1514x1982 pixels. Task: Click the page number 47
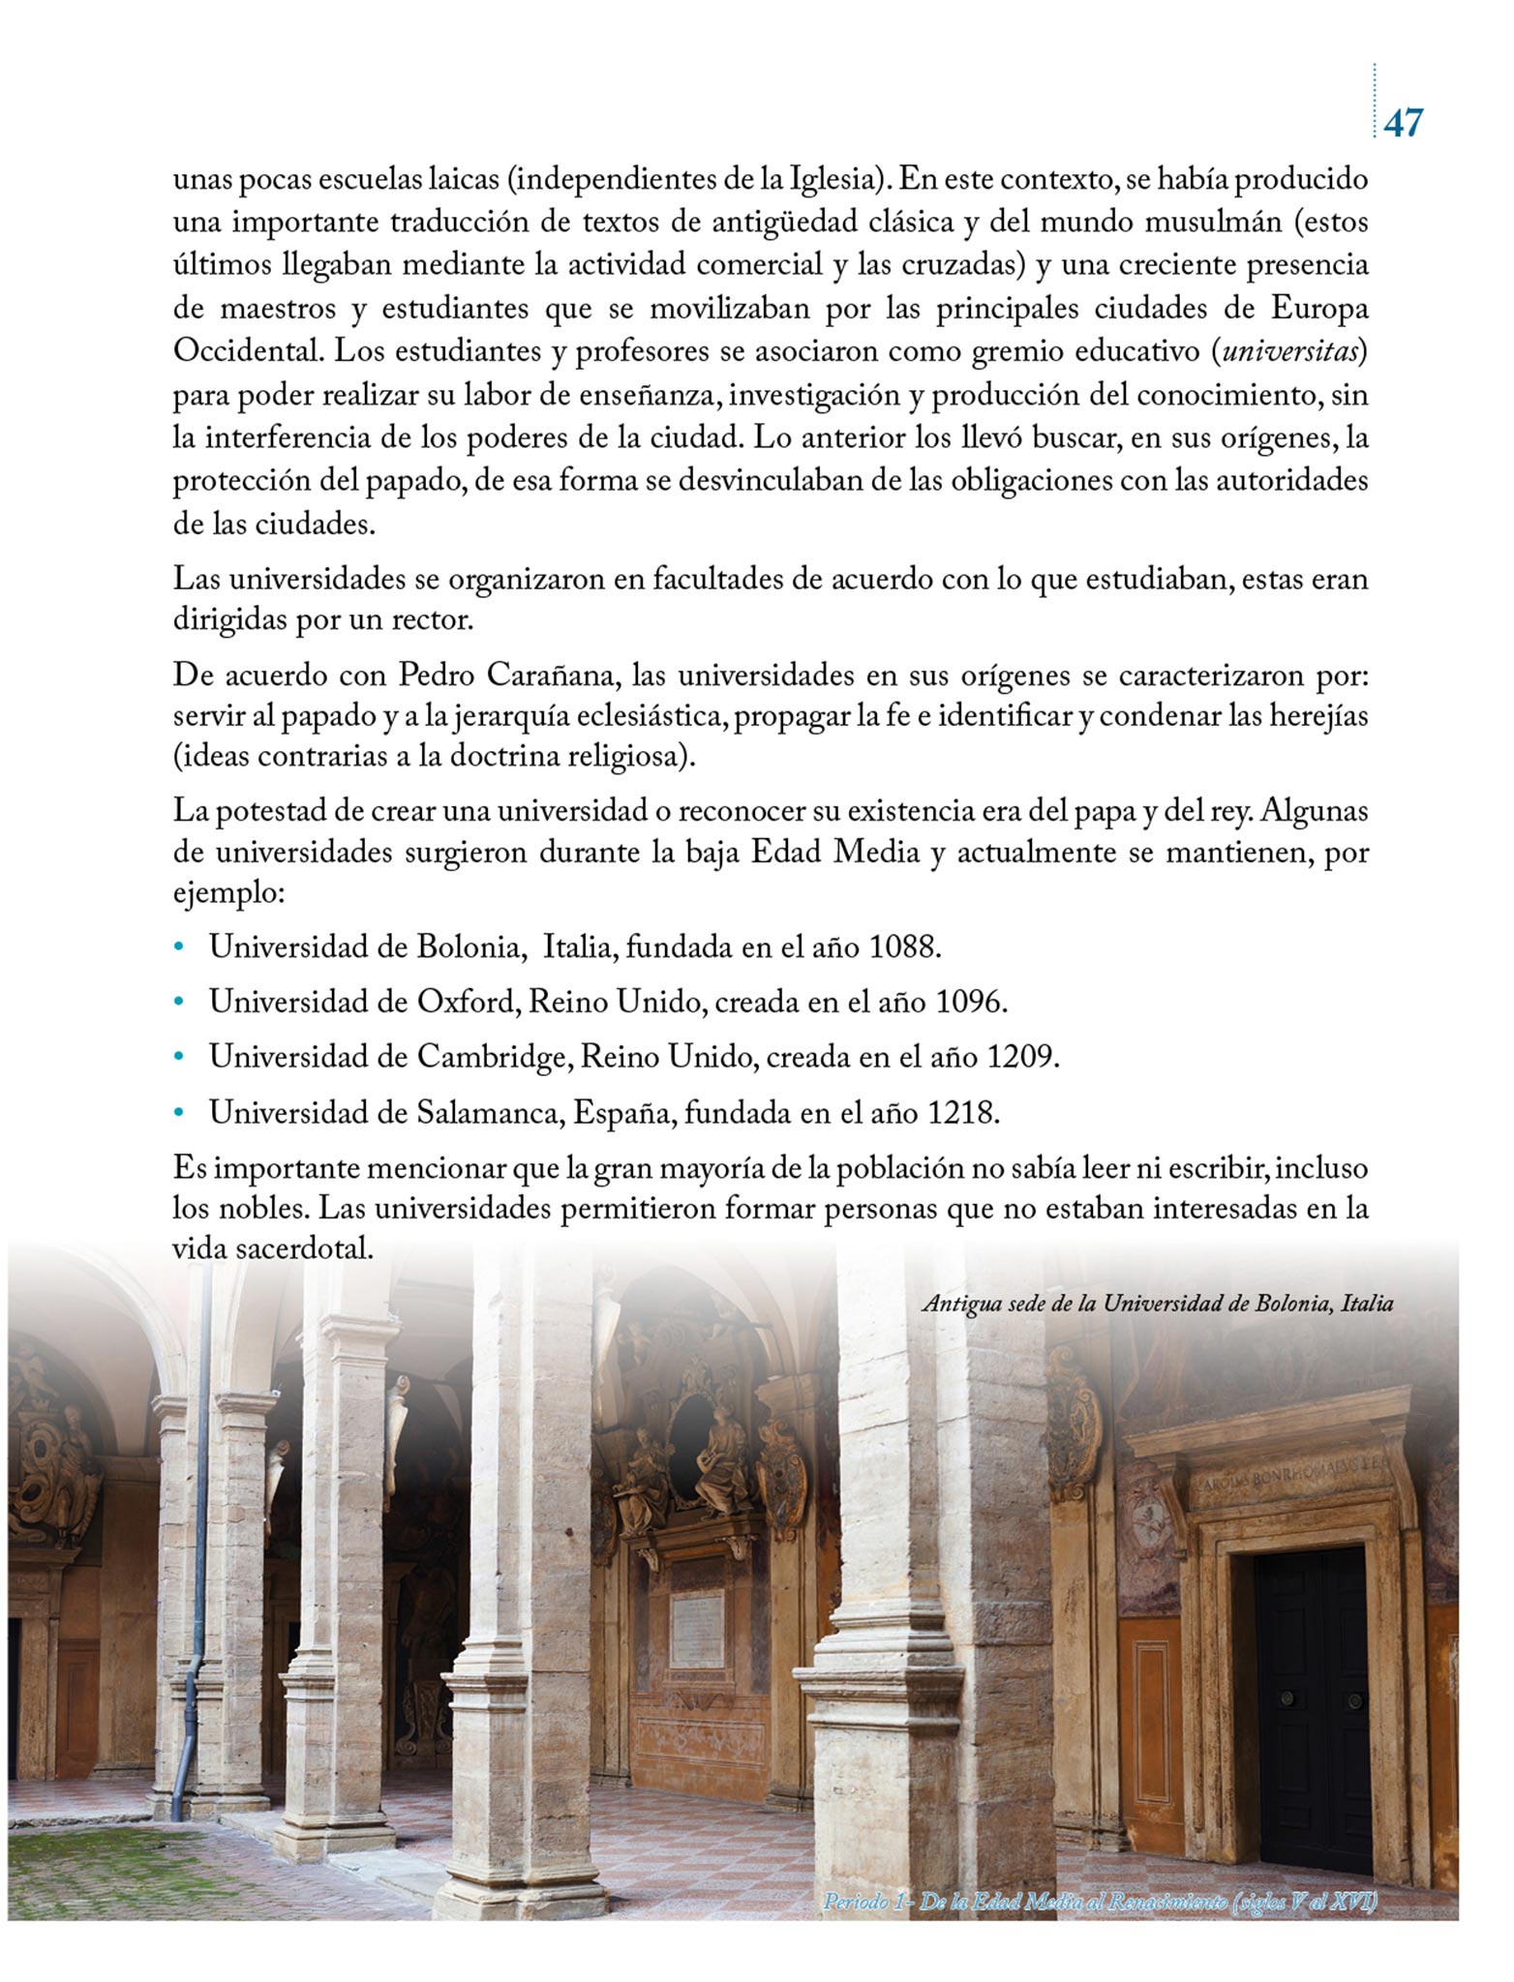(x=1403, y=123)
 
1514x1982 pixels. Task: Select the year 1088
(x=904, y=946)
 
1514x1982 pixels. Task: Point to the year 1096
(x=971, y=1002)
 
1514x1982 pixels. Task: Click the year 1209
(x=1023, y=1057)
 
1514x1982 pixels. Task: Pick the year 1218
(x=962, y=1113)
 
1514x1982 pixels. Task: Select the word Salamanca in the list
(x=490, y=1113)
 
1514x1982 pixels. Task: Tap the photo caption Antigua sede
(x=1157, y=1304)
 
